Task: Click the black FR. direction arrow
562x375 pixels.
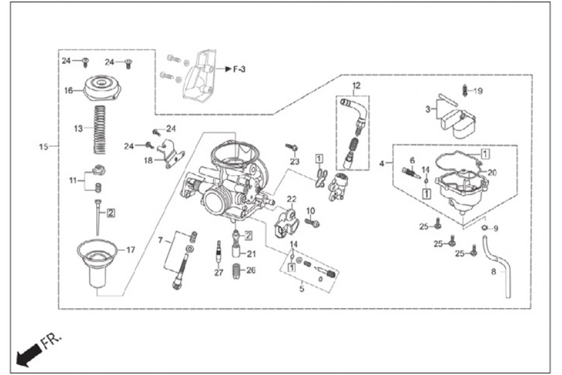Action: click(29, 355)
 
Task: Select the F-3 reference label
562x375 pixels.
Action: click(239, 69)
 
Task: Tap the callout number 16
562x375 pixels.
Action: click(69, 91)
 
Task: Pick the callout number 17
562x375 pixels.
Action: click(131, 249)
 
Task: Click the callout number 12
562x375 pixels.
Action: click(357, 86)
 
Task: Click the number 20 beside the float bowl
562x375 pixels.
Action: click(492, 172)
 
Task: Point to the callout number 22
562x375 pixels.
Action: click(292, 199)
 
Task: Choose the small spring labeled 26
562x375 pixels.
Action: click(237, 272)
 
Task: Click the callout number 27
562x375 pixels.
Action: click(219, 272)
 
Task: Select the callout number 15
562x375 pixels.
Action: click(43, 147)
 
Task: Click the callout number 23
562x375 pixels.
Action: click(295, 161)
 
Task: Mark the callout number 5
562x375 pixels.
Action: click(302, 289)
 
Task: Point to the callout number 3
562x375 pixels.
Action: click(428, 109)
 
